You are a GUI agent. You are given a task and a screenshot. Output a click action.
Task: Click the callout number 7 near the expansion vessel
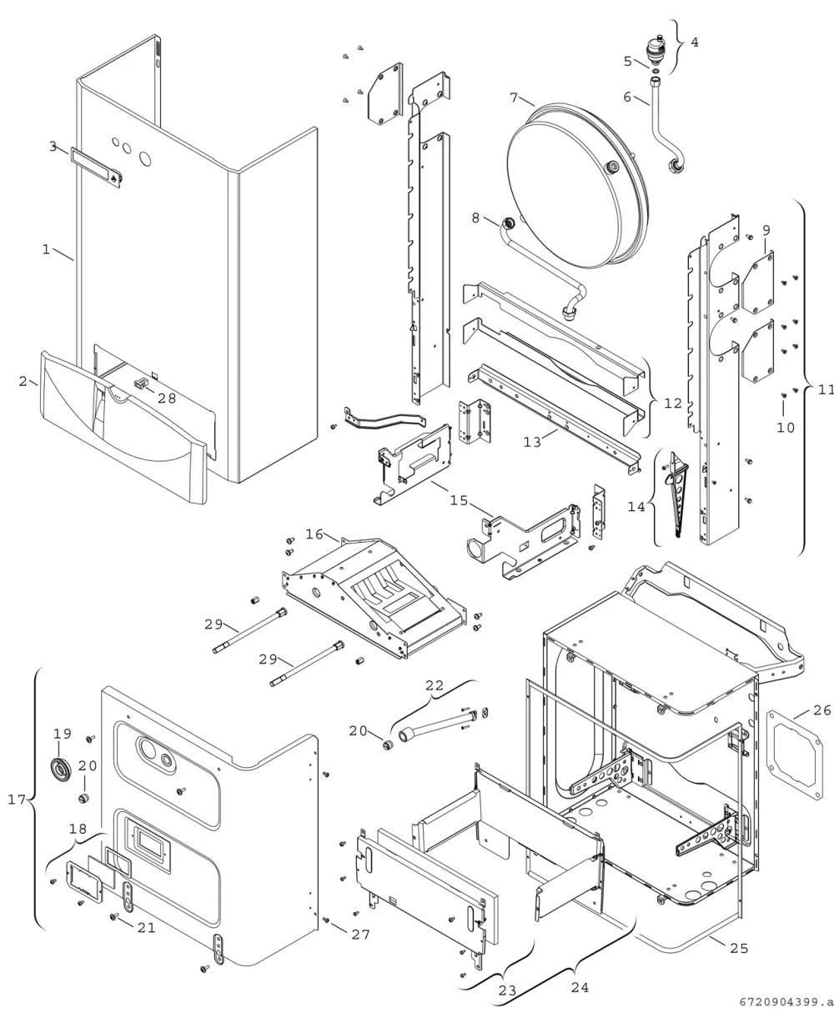[x=514, y=98]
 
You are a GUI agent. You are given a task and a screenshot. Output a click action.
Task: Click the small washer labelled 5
[x=656, y=71]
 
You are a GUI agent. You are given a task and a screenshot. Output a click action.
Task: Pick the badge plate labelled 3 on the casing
[x=96, y=167]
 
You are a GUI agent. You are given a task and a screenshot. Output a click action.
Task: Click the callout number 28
[x=167, y=399]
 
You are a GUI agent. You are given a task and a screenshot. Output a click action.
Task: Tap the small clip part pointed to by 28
[x=141, y=383]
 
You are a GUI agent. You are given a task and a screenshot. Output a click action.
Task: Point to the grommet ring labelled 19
[x=61, y=767]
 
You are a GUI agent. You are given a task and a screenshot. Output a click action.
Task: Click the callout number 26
[x=821, y=710]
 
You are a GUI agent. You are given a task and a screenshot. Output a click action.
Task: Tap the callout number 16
[x=314, y=534]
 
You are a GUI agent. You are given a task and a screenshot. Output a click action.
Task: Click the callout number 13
[x=532, y=442]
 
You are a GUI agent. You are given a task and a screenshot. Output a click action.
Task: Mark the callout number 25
[x=740, y=948]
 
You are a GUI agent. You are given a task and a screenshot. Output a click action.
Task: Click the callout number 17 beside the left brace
[x=17, y=800]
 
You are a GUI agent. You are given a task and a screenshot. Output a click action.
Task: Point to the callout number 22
[x=435, y=685]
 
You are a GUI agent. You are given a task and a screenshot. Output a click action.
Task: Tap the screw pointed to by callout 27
[x=326, y=920]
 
